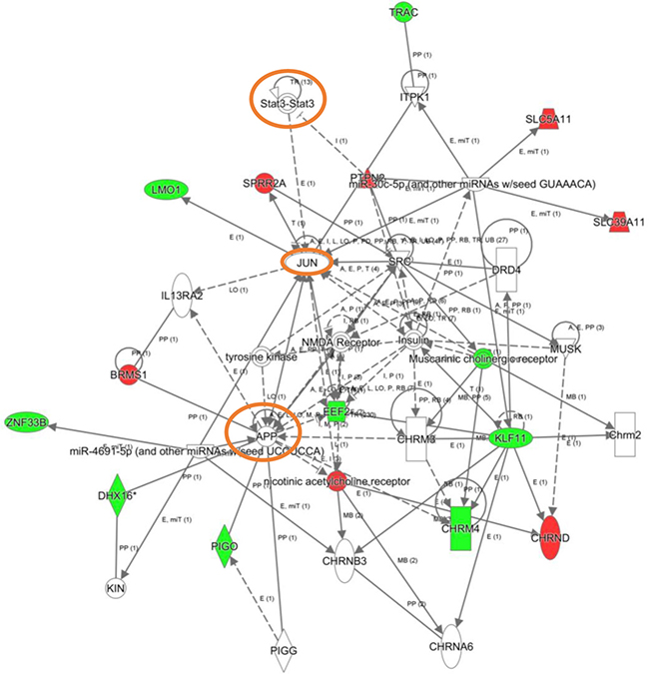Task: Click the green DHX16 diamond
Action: pyautogui.click(x=119, y=496)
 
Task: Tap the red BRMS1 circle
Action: pyautogui.click(x=128, y=371)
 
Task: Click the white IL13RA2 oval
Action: pyautogui.click(x=182, y=297)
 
